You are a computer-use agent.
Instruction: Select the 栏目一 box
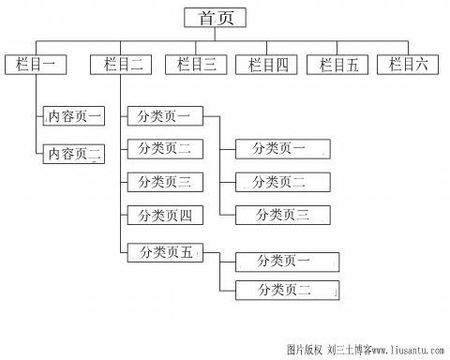coord(36,64)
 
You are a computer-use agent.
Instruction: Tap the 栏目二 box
coord(123,64)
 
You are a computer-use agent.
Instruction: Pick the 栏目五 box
coord(338,64)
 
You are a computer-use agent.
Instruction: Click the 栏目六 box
coord(409,64)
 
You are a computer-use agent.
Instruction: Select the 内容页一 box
coord(74,117)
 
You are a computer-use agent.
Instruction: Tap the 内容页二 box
coord(74,153)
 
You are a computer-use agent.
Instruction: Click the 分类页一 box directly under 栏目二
coord(164,117)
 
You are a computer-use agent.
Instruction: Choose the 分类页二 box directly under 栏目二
coord(164,148)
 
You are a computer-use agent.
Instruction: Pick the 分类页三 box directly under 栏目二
coord(164,182)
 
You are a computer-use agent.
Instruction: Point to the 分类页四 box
coord(164,216)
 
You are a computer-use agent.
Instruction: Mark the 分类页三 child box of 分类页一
coord(282,215)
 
